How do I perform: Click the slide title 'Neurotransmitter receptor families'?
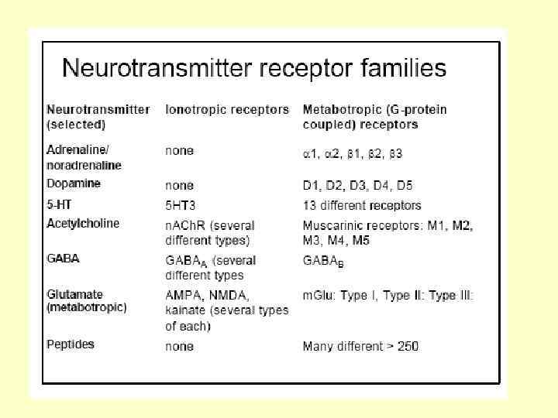[253, 68]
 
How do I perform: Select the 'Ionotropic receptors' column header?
[227, 110]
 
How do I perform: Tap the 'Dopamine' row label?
[73, 184]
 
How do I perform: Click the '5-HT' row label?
[60, 205]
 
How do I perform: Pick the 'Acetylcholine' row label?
[83, 224]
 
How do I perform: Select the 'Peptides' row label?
[71, 344]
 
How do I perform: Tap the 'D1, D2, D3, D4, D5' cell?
[357, 186]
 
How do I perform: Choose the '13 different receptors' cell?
[362, 206]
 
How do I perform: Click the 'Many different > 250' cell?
[360, 346]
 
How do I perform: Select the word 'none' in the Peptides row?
[179, 346]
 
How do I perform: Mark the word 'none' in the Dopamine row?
[179, 186]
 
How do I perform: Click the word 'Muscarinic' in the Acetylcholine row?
[332, 225]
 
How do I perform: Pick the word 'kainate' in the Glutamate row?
[186, 310]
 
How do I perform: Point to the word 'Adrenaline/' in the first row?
[77, 151]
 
